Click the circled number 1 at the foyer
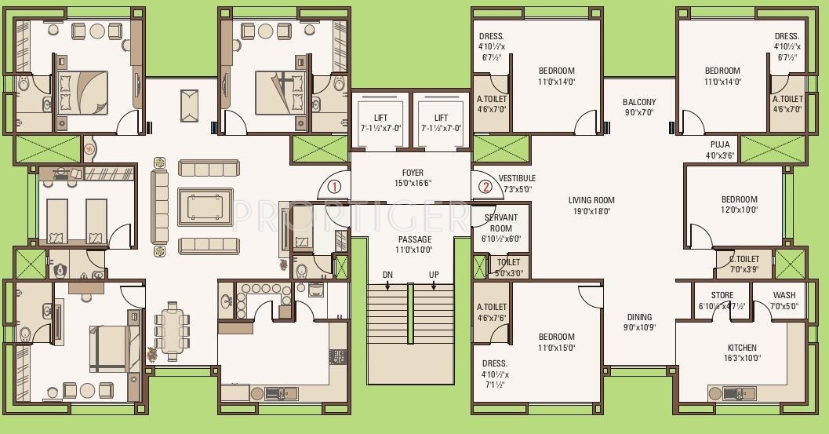[334, 187]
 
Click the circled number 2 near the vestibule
[485, 187]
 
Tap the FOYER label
[413, 173]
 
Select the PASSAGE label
[414, 239]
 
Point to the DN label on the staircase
[387, 275]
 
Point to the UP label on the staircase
[434, 275]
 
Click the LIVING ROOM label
[591, 201]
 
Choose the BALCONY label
[639, 102]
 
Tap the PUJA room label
[719, 145]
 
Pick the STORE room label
[722, 296]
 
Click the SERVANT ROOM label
[501, 223]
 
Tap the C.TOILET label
[744, 259]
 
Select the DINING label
[639, 318]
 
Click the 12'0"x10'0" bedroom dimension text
[739, 210]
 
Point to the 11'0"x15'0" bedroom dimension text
[556, 348]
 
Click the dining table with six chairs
[171, 330]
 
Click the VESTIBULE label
[517, 179]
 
